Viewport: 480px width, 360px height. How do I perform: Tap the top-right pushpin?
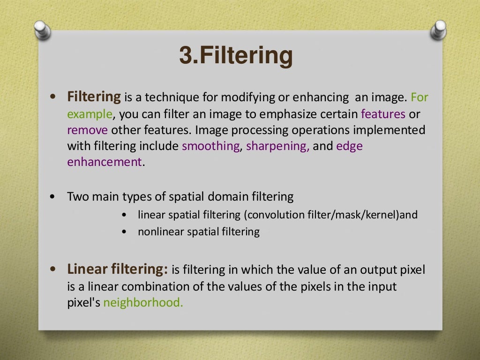pos(438,29)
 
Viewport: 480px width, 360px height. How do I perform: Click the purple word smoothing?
pos(210,146)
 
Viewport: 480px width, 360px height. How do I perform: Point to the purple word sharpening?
pos(277,146)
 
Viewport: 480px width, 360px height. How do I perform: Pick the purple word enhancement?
pos(104,162)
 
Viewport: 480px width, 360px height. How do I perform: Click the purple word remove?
pos(87,130)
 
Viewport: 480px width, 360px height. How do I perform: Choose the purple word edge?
pos(349,146)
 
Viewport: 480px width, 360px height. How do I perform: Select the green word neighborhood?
pos(142,302)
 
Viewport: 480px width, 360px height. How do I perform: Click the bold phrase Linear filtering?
pos(118,270)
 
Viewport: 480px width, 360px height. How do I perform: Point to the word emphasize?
pos(291,114)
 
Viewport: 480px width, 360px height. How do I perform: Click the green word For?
pos(419,98)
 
